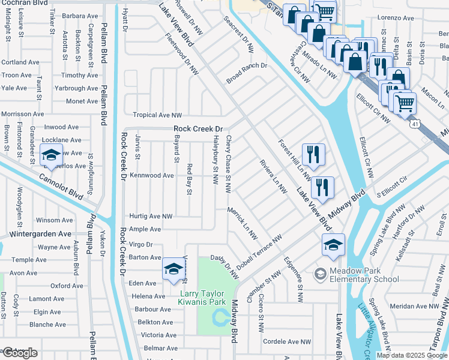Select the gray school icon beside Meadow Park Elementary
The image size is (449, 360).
(x=320, y=274)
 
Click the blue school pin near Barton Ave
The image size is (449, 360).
(x=173, y=269)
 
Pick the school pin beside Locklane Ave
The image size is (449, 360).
(x=52, y=155)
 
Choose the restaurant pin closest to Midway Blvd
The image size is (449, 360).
(x=322, y=187)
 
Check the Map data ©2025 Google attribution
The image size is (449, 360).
(x=412, y=355)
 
